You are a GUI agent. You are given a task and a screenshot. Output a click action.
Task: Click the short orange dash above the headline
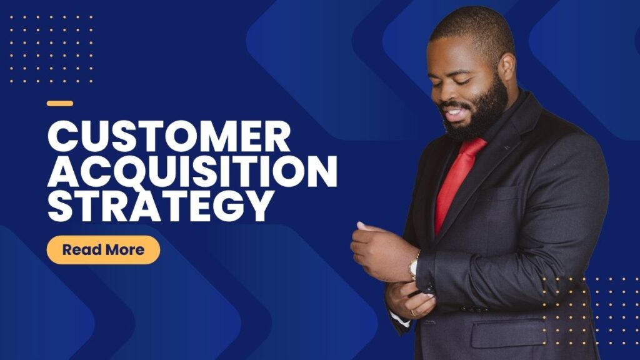pos(60,104)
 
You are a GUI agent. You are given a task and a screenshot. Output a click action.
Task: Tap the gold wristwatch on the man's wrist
pos(414,266)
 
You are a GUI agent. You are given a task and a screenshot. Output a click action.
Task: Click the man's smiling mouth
pos(454,113)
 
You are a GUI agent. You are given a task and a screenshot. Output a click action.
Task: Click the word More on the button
pos(124,250)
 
